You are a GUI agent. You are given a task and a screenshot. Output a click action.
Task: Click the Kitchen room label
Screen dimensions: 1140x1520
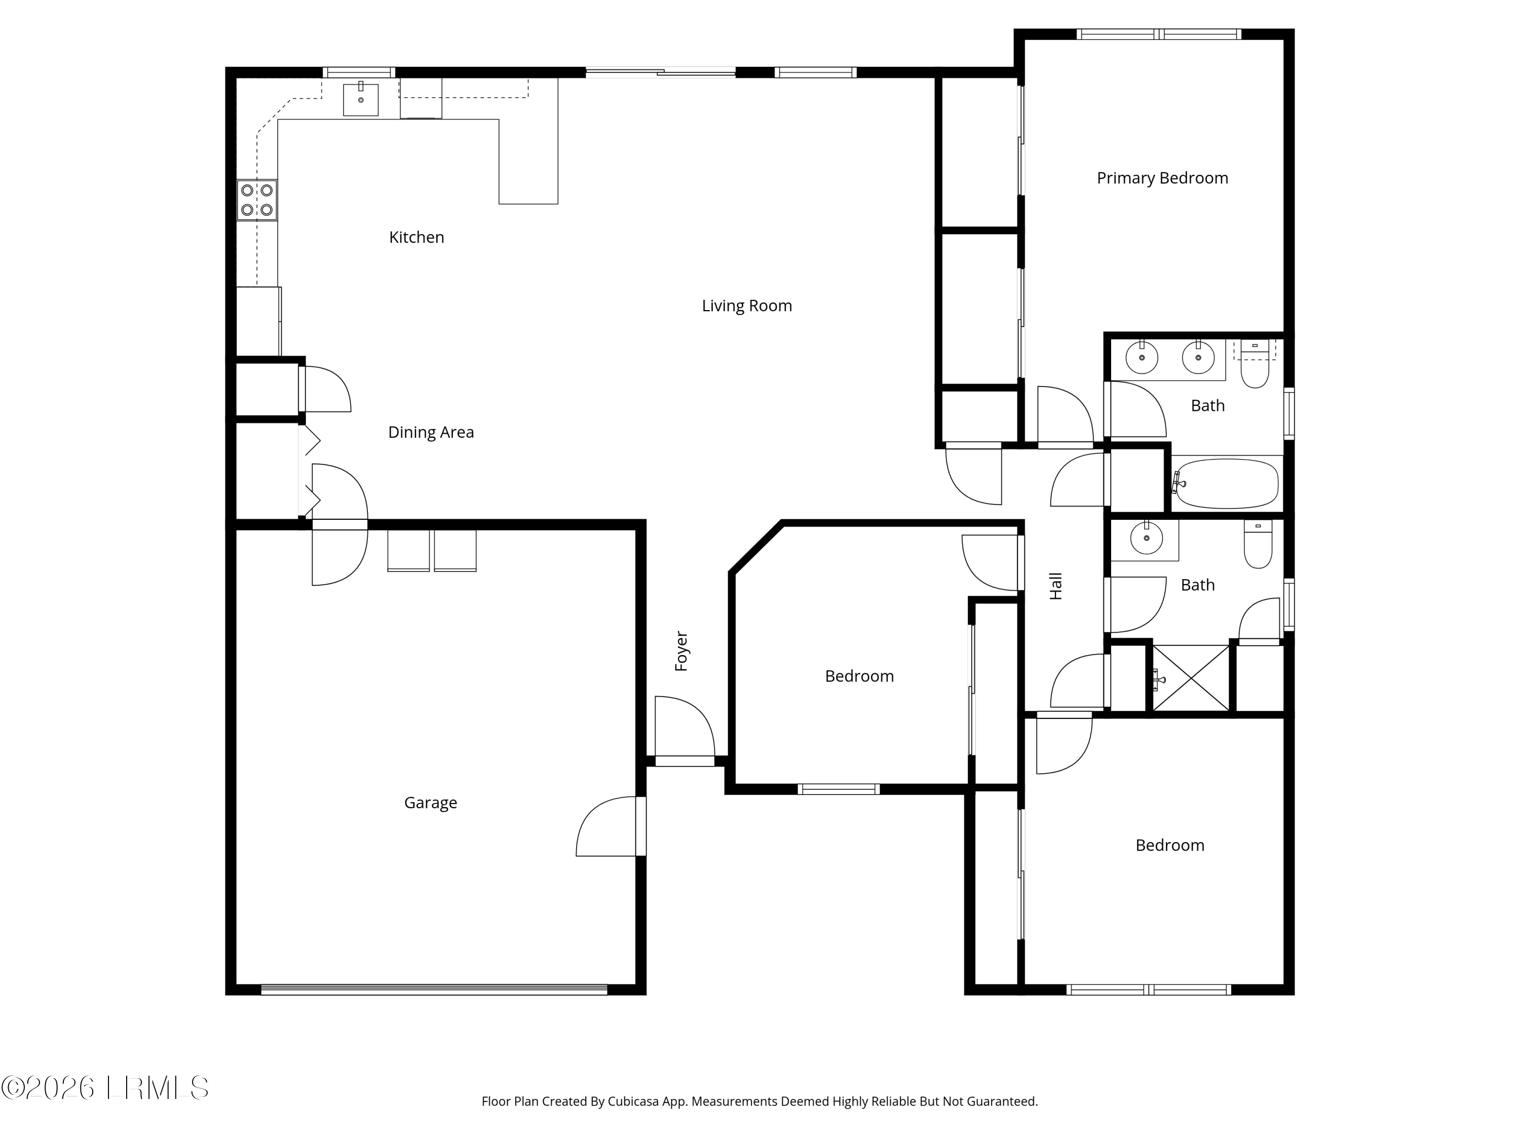pyautogui.click(x=416, y=237)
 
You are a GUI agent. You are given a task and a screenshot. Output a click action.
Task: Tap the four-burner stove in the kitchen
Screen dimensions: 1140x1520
pyautogui.click(x=257, y=200)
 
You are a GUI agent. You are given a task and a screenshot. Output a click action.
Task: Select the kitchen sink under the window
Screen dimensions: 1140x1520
pyautogui.click(x=361, y=100)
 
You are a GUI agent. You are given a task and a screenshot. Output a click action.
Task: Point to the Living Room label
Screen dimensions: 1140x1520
pyautogui.click(x=746, y=306)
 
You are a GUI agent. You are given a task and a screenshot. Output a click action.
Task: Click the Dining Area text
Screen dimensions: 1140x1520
pyautogui.click(x=431, y=432)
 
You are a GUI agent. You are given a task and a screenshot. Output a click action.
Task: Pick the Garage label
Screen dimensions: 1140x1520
pyautogui.click(x=430, y=803)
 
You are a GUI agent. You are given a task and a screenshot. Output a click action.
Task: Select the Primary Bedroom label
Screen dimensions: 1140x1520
pyautogui.click(x=1162, y=178)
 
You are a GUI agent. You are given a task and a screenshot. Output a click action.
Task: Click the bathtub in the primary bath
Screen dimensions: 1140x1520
pyautogui.click(x=1227, y=484)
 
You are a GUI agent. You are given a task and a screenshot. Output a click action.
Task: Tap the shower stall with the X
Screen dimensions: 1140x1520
pyautogui.click(x=1191, y=678)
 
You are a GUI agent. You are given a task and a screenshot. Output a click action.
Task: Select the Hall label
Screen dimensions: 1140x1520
pyautogui.click(x=1056, y=586)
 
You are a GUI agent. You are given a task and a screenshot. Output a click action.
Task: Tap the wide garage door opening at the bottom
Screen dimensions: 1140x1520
pyautogui.click(x=434, y=990)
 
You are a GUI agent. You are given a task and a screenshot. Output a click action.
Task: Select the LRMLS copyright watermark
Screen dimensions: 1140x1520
pyautogui.click(x=104, y=1088)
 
